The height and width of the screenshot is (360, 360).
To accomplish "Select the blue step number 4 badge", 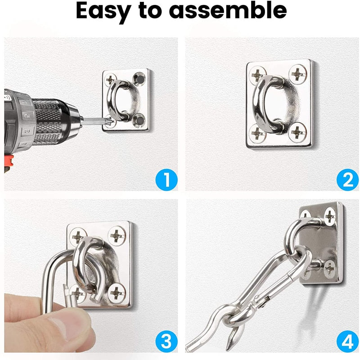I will (347, 342).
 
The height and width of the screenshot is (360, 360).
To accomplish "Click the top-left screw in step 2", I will (258, 74).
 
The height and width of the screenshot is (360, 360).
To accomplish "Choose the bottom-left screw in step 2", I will (258, 133).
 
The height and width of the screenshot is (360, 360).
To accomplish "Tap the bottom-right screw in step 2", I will (297, 131).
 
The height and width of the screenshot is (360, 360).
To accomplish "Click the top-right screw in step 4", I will (329, 217).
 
